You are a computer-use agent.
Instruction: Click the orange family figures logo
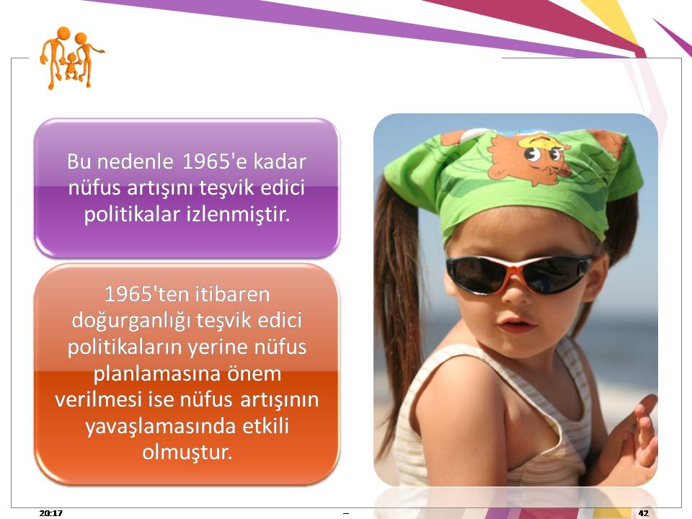71,58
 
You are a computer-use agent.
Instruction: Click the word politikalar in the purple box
132,215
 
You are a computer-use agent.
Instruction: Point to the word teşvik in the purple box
226,188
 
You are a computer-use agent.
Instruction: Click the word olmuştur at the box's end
187,453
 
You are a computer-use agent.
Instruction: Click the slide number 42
644,513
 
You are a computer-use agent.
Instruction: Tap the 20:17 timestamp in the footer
50,513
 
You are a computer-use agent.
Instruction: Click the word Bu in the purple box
79,161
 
